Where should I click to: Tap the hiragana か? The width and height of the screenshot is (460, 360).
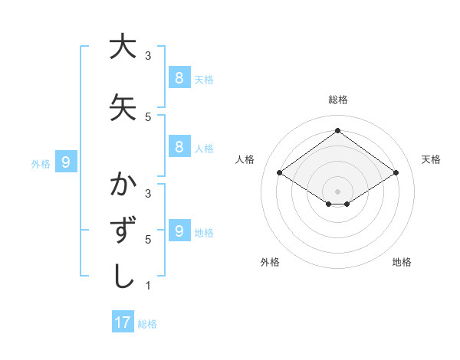(123, 185)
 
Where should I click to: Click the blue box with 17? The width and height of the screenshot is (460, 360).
(123, 322)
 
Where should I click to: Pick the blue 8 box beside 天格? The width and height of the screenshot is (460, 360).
(179, 77)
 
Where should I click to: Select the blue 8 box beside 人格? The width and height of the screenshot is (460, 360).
(179, 147)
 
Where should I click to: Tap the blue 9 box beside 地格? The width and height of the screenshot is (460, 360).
(179, 231)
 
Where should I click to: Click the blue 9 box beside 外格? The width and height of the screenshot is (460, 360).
(66, 162)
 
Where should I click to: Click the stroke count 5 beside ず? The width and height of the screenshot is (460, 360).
(148, 240)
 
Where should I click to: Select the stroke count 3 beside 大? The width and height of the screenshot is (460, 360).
(148, 56)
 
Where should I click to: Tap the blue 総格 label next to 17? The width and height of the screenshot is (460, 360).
(147, 324)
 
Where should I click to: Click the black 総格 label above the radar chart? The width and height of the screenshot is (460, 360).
(338, 100)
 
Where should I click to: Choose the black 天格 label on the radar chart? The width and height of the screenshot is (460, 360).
(431, 159)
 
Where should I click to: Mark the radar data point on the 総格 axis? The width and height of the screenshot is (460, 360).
(337, 130)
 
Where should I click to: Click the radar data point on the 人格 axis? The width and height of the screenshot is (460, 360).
(279, 173)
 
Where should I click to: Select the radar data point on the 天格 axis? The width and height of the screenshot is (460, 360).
(396, 173)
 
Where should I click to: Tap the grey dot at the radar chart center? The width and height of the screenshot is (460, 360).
(337, 191)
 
